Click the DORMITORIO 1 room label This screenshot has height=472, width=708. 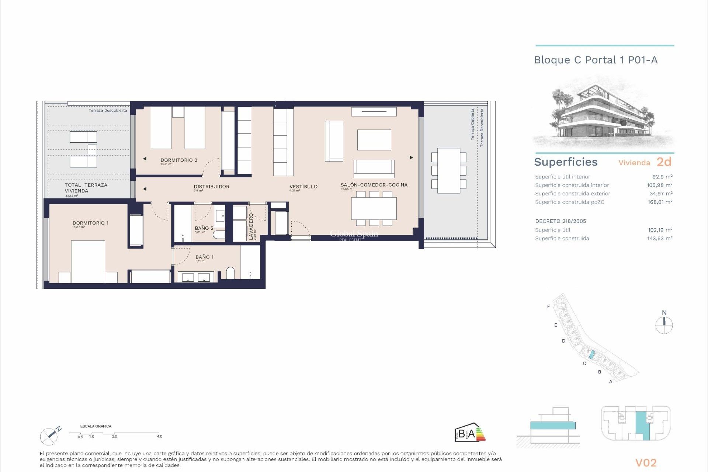[x=90, y=223]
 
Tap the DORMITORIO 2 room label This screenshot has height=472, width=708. [x=179, y=160]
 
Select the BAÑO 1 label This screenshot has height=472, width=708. [x=204, y=257]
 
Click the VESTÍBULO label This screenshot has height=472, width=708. [x=303, y=187]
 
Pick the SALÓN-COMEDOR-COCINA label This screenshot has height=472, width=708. [x=374, y=185]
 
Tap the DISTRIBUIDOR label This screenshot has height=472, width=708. [x=211, y=187]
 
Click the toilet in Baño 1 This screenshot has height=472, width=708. [x=230, y=273]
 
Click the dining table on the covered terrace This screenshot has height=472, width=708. [x=449, y=171]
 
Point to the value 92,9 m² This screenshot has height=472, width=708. [x=662, y=177]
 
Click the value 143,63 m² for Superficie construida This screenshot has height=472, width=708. [x=659, y=239]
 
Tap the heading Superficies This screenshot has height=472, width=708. [x=565, y=162]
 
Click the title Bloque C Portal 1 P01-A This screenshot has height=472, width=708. [x=596, y=60]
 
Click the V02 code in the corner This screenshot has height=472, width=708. [x=646, y=463]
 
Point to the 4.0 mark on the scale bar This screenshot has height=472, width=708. [x=159, y=437]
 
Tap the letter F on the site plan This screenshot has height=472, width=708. [x=548, y=306]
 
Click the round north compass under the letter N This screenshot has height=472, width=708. [x=664, y=326]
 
